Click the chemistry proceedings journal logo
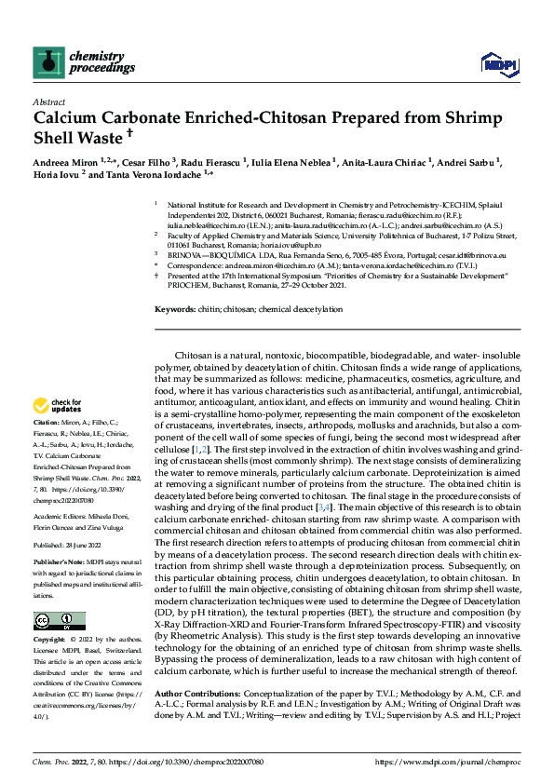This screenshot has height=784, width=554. pyautogui.click(x=71, y=63)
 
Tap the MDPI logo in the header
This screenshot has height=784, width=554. pyautogui.click(x=493, y=62)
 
